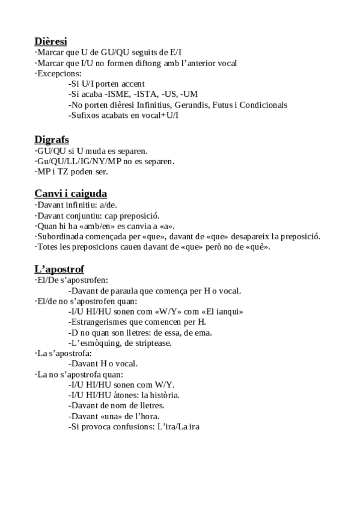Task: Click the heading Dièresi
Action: (x=50, y=41)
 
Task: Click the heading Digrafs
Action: (x=52, y=140)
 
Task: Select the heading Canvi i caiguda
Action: (x=70, y=193)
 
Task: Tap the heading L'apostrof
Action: (x=59, y=269)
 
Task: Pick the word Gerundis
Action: (x=188, y=105)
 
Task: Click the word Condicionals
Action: (x=259, y=105)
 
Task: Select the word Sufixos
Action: (x=87, y=115)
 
